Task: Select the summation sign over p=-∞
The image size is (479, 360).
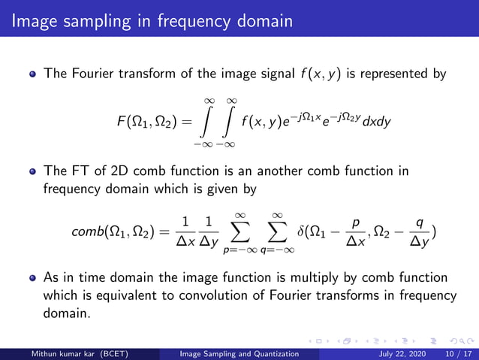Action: tap(241, 232)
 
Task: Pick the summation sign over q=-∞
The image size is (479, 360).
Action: tap(277, 232)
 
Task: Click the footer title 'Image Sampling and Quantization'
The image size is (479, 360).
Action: tap(239, 352)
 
